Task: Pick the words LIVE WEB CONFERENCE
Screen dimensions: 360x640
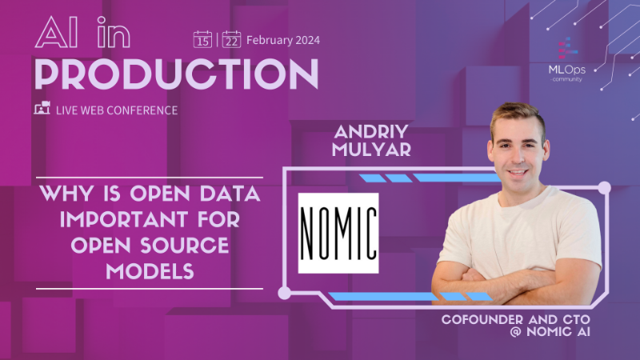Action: point(117,110)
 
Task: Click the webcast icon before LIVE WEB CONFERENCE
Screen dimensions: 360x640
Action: point(42,109)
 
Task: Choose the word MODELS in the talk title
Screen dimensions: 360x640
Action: point(150,272)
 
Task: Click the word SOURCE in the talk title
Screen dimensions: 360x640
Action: point(190,245)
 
